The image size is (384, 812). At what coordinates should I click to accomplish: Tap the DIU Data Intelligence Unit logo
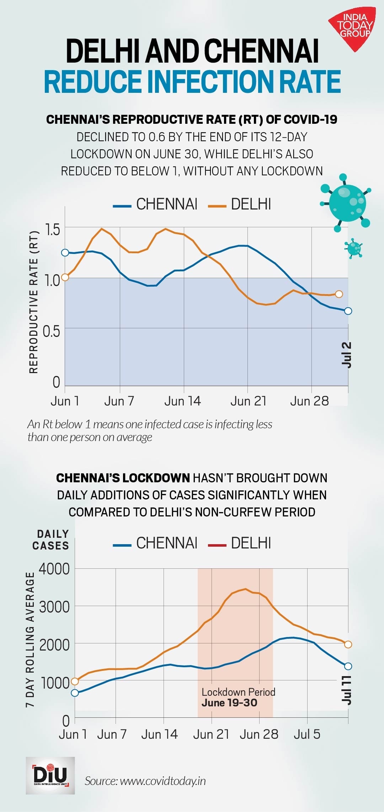coord(50,775)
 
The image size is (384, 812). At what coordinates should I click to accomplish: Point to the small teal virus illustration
coord(354,248)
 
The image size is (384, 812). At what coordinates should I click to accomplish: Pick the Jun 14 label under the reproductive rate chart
coord(182,401)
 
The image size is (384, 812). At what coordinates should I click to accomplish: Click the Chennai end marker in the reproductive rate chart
coord(348,311)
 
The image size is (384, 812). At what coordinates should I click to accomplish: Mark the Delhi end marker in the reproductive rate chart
coord(339,294)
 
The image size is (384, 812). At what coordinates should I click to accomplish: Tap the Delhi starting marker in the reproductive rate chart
coord(65,277)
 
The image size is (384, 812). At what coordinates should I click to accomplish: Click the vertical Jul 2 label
coord(346,355)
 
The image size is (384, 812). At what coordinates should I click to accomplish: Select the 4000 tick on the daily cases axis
coord(54,569)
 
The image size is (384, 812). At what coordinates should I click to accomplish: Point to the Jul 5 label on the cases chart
coord(307,734)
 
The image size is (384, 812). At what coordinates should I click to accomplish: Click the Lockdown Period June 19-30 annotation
coord(238,697)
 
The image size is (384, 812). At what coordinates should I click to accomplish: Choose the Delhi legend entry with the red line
coord(240,543)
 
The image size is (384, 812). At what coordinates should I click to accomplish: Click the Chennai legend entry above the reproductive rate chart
coord(155,204)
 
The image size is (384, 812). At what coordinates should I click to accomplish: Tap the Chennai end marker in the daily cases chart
coord(348,666)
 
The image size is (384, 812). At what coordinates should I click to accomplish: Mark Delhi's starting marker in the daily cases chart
coord(75,681)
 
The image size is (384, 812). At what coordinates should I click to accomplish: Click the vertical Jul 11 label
coord(346,690)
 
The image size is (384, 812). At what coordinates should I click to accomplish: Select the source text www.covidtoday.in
coord(145,781)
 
